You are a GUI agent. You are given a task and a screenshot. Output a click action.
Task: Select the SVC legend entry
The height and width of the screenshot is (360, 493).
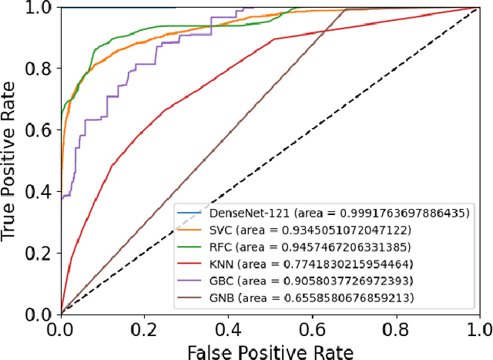tap(296, 230)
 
